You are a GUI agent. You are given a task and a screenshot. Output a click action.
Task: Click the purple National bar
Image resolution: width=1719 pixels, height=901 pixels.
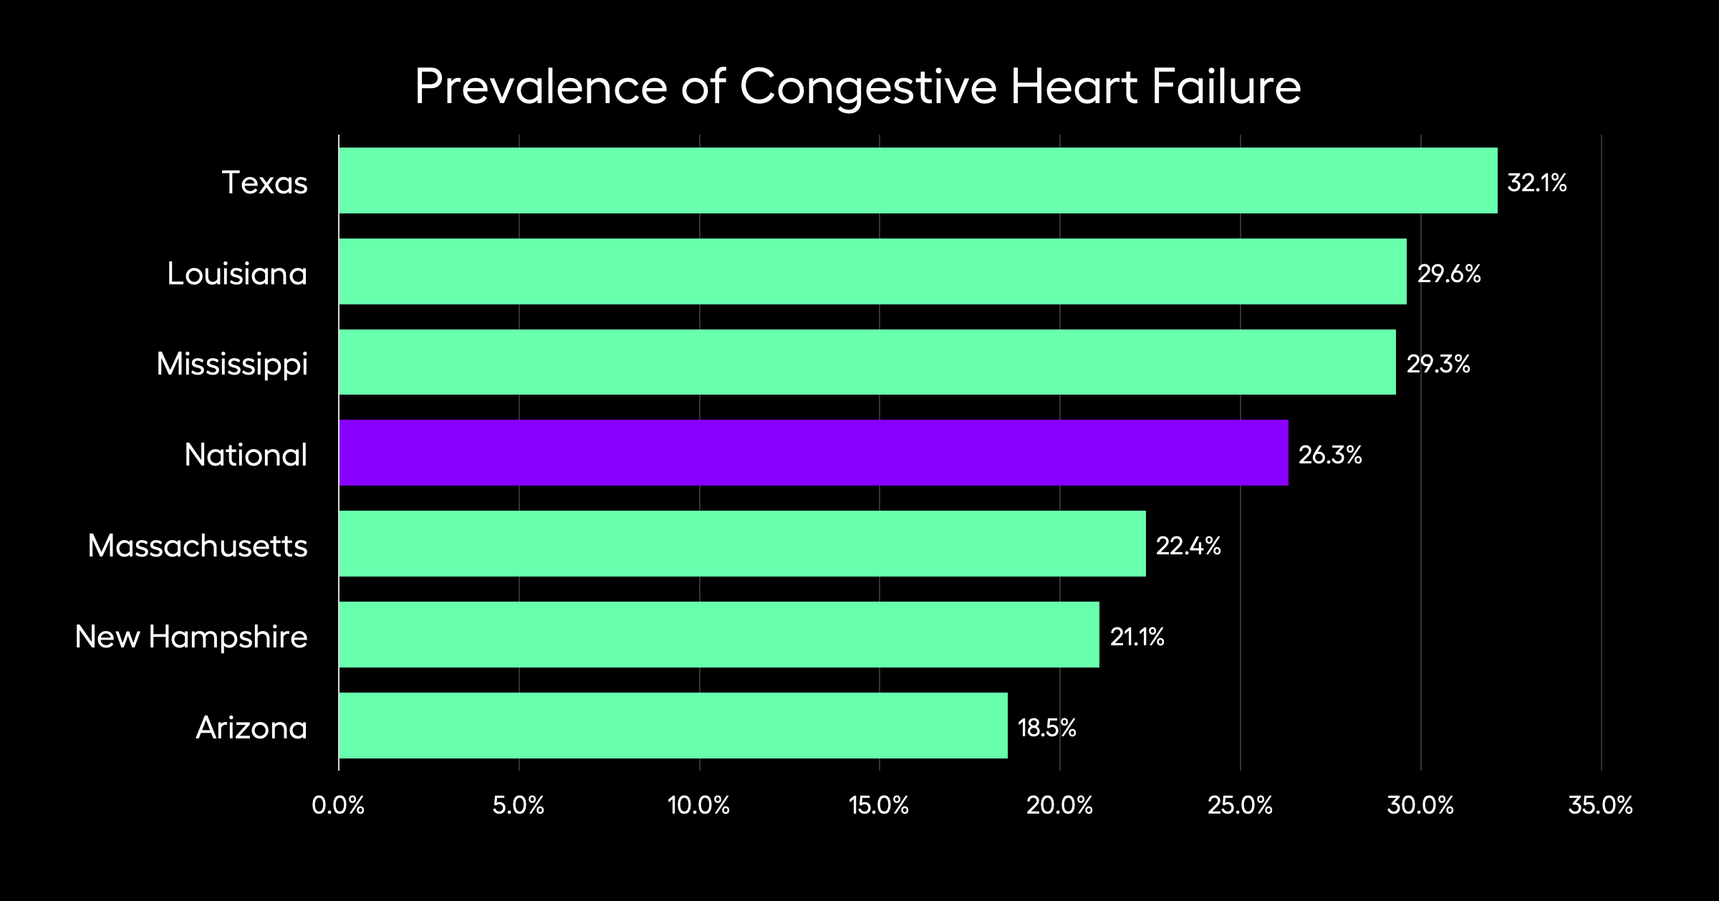813,453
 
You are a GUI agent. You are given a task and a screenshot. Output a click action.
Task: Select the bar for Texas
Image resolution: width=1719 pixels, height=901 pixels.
918,180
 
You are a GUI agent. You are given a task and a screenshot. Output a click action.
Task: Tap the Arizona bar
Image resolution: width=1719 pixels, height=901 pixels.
673,726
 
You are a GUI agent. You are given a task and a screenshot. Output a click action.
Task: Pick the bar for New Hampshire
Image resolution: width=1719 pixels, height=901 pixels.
718,635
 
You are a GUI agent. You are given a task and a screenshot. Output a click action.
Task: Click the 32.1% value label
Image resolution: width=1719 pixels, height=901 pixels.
1536,183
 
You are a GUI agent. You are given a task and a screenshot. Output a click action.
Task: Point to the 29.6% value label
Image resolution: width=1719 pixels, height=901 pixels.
1448,274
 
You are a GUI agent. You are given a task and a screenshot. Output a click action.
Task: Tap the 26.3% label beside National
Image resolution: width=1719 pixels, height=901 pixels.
1329,455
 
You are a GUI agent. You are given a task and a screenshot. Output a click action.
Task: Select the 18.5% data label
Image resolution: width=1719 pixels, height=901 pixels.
1046,728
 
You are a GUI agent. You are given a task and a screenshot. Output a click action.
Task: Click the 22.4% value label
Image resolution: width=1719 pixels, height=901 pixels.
1188,546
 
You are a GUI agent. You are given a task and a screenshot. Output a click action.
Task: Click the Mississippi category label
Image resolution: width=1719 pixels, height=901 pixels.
232,365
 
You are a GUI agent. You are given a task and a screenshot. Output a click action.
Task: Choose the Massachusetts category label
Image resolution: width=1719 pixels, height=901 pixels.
198,546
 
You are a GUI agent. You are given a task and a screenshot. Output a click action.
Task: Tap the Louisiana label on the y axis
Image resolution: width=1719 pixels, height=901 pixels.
237,274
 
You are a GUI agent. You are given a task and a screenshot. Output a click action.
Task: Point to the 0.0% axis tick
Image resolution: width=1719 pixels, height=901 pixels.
338,805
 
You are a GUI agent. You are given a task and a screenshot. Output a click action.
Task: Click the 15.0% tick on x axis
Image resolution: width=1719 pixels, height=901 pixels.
879,805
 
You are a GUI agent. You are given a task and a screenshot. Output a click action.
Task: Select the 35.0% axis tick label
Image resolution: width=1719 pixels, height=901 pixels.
1600,805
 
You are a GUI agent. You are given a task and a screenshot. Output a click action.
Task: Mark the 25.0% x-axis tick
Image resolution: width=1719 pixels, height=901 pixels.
1240,805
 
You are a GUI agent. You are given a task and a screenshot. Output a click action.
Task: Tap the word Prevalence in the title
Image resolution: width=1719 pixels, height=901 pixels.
541,87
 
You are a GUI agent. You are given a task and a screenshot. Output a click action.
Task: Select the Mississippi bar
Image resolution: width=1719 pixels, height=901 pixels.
867,362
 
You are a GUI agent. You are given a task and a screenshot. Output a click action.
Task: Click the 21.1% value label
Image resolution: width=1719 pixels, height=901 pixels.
1137,637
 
